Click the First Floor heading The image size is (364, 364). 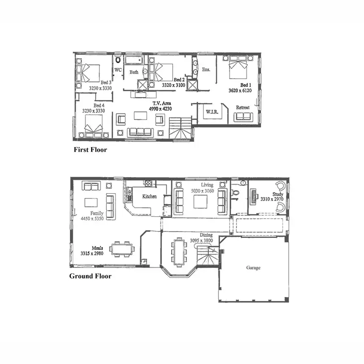[90, 149]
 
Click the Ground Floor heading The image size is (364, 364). [90, 276]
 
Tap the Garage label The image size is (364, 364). [253, 267]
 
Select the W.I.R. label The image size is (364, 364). [211, 112]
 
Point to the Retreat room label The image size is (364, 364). [243, 107]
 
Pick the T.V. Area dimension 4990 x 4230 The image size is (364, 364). [160, 109]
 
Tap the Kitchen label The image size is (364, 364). [149, 197]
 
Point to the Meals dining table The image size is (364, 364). [122, 248]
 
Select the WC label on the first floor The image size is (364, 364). [118, 70]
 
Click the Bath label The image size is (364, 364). [134, 72]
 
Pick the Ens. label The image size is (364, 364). [206, 70]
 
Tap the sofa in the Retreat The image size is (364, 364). [243, 116]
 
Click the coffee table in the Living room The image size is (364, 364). [200, 201]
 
